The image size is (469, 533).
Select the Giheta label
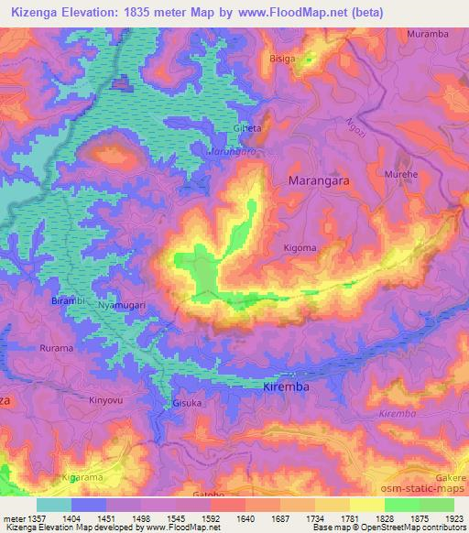(247, 129)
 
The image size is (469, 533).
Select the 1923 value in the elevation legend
(453, 517)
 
